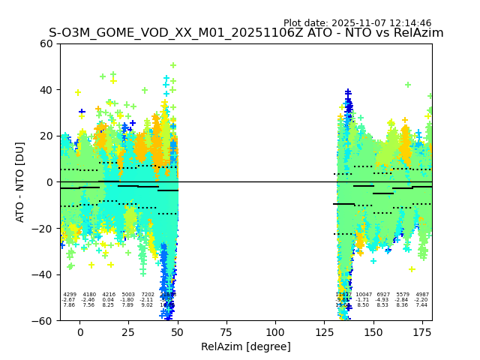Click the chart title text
point(246,33)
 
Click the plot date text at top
point(357,23)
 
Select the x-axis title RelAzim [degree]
point(246,346)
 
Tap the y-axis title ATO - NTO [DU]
point(21,182)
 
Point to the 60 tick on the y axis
point(46,43)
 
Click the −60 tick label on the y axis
point(43,320)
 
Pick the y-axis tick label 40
point(46,90)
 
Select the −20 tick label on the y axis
point(43,228)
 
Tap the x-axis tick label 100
point(275,332)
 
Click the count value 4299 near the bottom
point(70,295)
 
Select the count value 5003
point(128,295)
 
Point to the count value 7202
point(148,295)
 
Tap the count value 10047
point(364,295)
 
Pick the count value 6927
point(383,295)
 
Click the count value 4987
point(422,295)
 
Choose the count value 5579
point(403,295)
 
